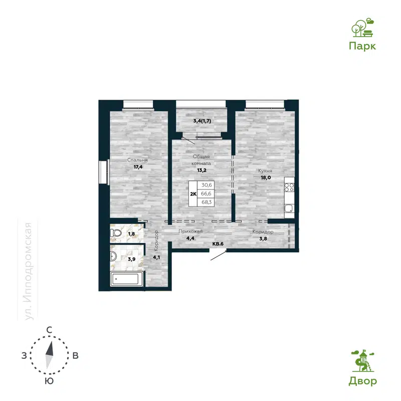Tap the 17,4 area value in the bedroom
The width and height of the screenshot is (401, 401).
[137, 168]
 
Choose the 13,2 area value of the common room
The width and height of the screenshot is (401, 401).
[202, 170]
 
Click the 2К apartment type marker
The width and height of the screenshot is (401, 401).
[192, 193]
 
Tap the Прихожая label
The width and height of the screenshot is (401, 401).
[190, 232]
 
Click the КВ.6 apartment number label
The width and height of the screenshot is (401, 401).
[218, 244]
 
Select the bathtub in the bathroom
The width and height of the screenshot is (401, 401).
[127, 279]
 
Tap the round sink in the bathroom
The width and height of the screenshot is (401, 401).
[114, 257]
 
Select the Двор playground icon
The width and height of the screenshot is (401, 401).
[362, 361]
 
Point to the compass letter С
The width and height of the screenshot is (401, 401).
[50, 329]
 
